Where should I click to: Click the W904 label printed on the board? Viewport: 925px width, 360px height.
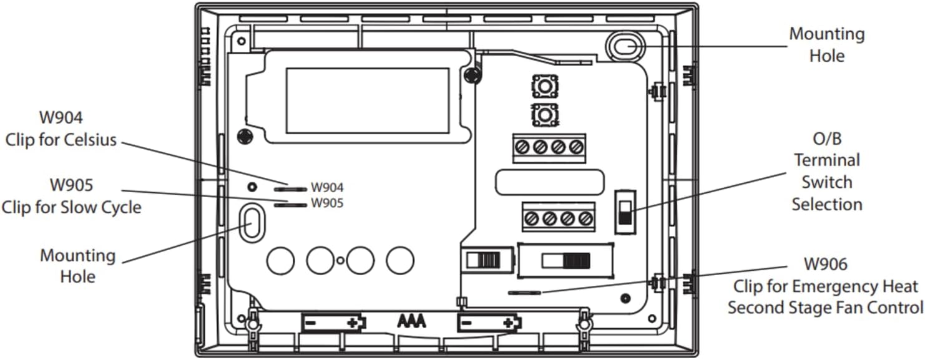327,187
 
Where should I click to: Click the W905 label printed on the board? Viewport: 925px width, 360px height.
327,203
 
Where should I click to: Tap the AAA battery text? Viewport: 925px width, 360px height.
412,322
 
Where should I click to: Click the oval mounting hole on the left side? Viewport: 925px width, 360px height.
252,222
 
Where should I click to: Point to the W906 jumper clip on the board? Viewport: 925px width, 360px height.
525,292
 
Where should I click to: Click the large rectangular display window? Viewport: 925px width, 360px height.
368,100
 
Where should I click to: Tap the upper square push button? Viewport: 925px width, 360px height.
544,86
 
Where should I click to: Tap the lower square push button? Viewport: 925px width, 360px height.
544,115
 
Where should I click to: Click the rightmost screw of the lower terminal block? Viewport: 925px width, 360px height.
585,218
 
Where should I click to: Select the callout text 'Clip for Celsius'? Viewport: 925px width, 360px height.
61,140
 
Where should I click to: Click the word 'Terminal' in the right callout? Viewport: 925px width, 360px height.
826,160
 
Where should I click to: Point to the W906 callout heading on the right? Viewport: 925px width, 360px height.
825,265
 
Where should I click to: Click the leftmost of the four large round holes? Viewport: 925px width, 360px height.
280,260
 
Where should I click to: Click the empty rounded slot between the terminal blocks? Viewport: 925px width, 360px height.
550,182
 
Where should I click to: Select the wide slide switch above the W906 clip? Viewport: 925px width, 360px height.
565,260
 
